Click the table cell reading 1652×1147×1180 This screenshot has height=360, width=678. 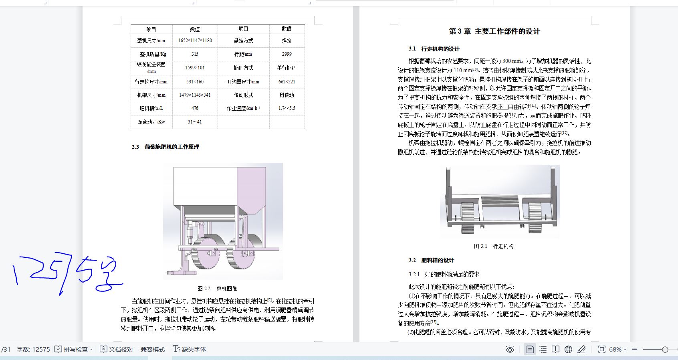coord(195,40)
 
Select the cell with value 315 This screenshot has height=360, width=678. coord(195,54)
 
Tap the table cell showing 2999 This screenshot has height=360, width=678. coord(287,54)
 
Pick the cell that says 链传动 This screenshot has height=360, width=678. coord(287,95)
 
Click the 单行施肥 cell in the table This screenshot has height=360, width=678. coord(287,68)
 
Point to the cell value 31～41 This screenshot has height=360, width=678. coord(195,122)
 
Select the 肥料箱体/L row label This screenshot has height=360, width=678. coord(151,108)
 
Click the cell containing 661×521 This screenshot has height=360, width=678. coord(287,82)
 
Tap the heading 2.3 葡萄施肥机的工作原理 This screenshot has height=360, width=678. coord(165,147)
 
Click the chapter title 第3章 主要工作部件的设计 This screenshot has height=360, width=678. coord(494,31)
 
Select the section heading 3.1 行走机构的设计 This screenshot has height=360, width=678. coord(434,49)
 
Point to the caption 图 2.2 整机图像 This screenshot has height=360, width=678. coord(217,289)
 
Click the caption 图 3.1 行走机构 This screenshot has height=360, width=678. coord(494,246)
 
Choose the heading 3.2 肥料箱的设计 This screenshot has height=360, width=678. coord(431,260)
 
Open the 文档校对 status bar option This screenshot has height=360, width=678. coord(117,350)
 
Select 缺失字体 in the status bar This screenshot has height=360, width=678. coord(190,350)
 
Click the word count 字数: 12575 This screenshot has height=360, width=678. coord(33,350)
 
